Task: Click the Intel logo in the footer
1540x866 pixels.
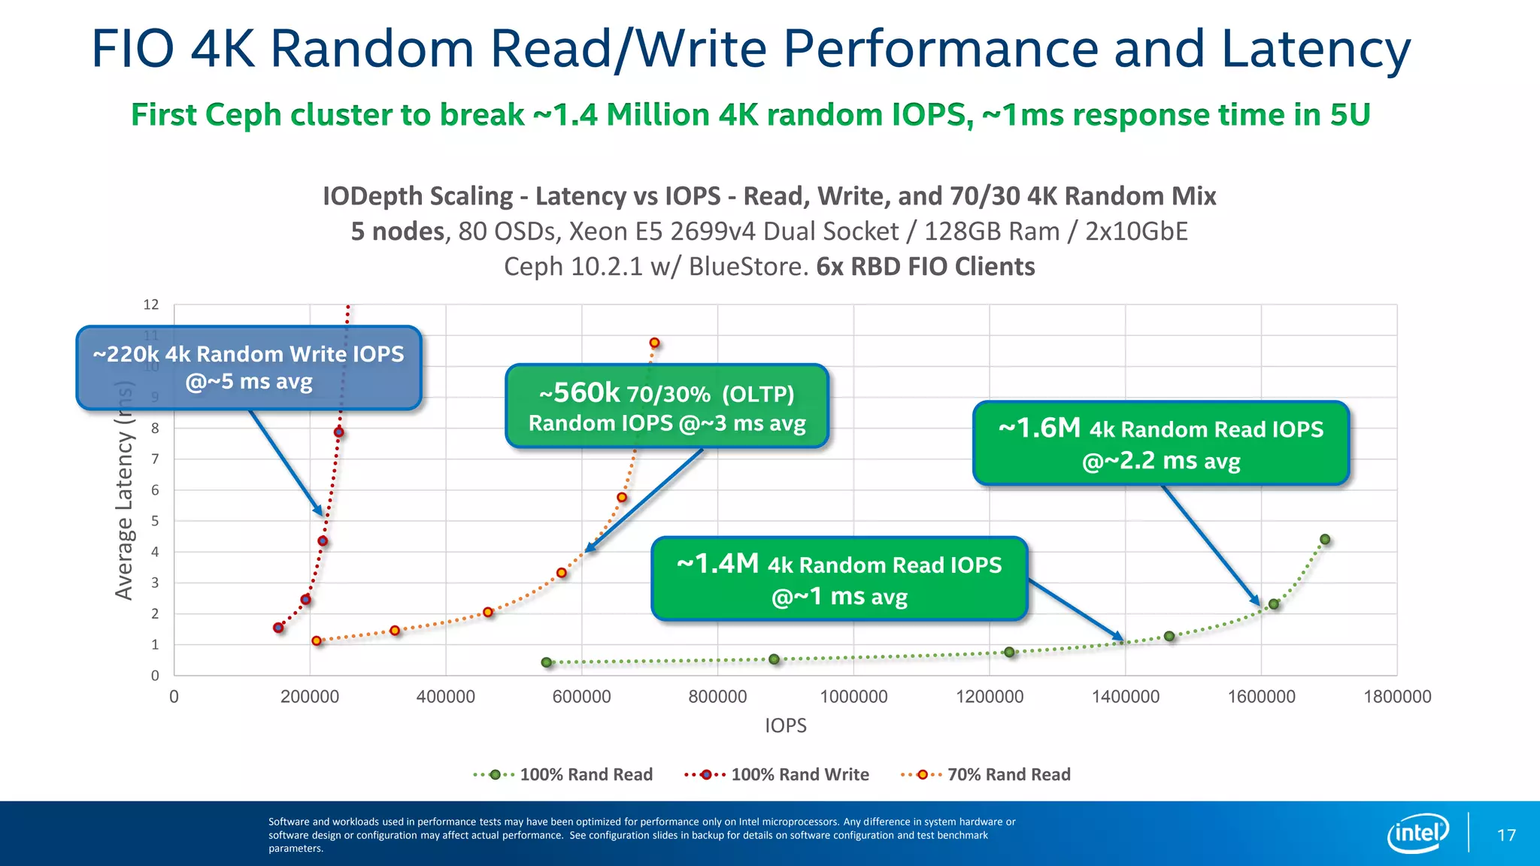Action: coord(1417,833)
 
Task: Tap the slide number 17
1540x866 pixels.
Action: coord(1506,835)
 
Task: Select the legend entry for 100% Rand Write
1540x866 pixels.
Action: coord(777,774)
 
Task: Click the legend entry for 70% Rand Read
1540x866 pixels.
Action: coord(986,774)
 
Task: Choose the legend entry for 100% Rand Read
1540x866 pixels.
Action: coord(563,774)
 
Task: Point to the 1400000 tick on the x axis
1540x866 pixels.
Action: coord(1125,697)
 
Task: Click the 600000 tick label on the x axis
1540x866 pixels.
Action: coord(581,697)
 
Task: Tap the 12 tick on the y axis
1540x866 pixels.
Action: coord(151,304)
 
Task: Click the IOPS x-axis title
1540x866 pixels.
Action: coord(785,725)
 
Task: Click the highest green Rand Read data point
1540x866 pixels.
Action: coord(1325,539)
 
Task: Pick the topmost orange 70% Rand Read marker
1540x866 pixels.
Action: coord(654,343)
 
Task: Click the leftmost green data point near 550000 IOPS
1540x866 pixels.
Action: coord(547,662)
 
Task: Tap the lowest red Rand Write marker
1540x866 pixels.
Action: coord(278,627)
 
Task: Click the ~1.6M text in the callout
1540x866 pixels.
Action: coord(1038,428)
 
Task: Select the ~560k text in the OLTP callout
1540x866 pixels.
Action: coord(579,392)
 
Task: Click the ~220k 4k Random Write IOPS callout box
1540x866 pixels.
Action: coord(249,368)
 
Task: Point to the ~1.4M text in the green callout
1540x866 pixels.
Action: coord(717,563)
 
